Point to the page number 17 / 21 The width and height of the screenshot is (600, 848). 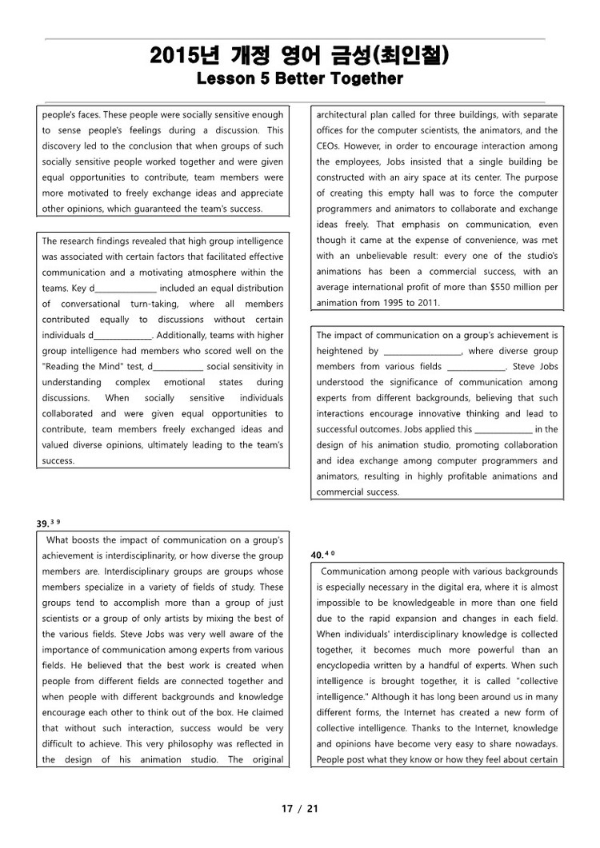[x=299, y=808]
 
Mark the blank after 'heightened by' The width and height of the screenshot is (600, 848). [x=422, y=352]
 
